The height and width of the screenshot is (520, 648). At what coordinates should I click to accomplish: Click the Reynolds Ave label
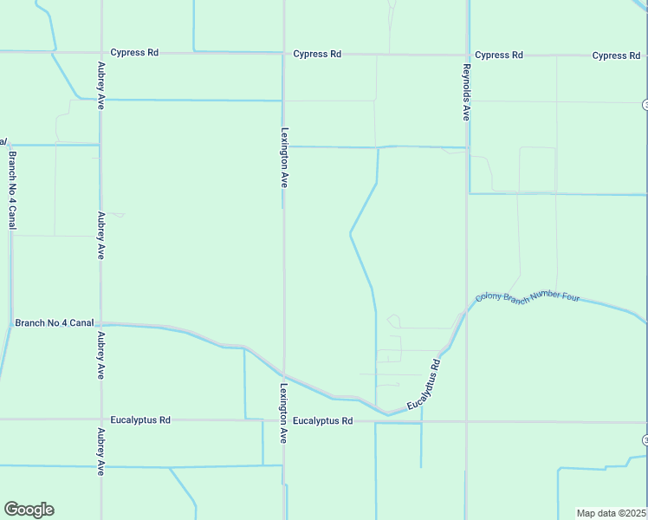(466, 92)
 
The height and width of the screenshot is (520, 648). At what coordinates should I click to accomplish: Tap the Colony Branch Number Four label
(527, 296)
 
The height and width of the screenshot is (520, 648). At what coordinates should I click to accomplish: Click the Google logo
(29, 510)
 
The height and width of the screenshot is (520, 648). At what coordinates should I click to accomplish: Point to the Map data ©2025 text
(612, 513)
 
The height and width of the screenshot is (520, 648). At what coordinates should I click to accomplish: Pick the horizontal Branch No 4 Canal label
(54, 323)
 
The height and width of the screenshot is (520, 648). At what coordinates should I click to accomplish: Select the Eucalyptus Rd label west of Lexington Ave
(140, 419)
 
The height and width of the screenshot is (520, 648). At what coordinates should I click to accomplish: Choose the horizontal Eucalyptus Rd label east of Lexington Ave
(323, 421)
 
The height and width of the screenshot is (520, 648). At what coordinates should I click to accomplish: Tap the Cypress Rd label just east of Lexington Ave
(317, 54)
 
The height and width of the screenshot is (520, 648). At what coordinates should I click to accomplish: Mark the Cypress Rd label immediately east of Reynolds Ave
(499, 55)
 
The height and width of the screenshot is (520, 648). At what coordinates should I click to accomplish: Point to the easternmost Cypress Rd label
(616, 55)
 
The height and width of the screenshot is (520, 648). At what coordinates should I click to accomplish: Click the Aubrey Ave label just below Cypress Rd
(101, 85)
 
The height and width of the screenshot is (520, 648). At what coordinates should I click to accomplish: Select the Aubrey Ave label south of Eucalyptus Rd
(101, 452)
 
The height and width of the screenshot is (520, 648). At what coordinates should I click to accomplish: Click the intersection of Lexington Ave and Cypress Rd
(284, 54)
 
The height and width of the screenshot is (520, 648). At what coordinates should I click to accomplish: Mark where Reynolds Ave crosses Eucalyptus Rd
(466, 422)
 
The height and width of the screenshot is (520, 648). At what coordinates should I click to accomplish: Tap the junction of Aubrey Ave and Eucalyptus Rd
(101, 419)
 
